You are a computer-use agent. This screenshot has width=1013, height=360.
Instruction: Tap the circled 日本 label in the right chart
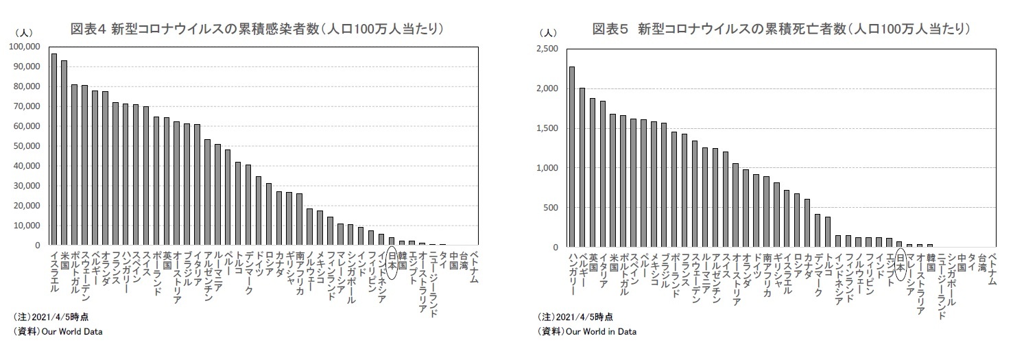click(899, 265)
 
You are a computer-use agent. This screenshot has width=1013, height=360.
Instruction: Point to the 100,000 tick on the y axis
click(26, 47)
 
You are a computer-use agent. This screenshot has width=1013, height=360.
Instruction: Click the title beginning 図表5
click(781, 29)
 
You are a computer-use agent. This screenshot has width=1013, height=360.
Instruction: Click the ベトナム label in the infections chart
click(474, 264)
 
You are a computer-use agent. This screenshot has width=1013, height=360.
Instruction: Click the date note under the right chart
click(575, 317)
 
